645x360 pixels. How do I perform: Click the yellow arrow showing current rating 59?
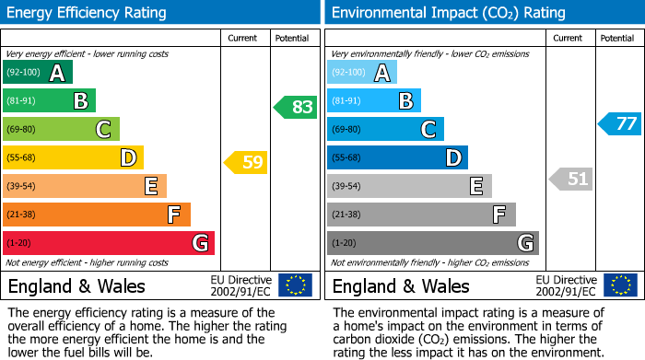click(246, 163)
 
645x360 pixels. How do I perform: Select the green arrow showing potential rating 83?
click(296, 107)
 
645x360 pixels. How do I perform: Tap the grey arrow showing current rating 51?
click(570, 179)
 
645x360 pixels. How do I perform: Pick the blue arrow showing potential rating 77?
click(620, 123)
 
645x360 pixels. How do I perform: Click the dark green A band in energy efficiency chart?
click(38, 73)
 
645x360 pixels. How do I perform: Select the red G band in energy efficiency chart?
click(109, 243)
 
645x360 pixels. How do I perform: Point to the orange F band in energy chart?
click(97, 215)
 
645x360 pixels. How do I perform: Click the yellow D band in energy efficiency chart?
click(73, 157)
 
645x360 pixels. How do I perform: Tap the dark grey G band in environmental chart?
click(432, 243)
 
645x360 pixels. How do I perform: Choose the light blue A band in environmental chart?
click(362, 73)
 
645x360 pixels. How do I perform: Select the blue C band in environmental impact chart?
click(385, 129)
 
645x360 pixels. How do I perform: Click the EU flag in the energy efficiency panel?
click(295, 285)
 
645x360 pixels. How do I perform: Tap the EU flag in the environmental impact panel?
click(619, 285)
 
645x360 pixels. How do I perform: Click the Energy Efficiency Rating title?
click(88, 13)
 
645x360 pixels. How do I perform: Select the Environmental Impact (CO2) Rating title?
click(448, 13)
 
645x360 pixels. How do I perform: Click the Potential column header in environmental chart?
click(617, 38)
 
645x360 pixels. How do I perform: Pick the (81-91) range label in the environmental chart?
click(346, 101)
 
